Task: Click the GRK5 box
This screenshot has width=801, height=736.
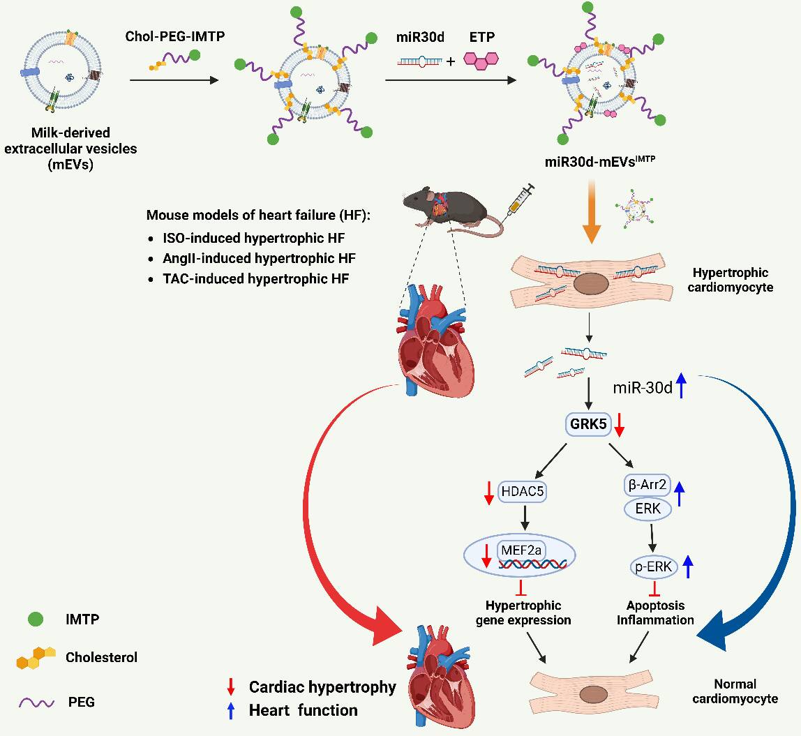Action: (588, 424)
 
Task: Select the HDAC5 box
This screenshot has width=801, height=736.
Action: (522, 492)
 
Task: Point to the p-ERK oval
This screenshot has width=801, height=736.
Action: (653, 567)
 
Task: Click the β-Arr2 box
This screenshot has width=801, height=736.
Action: (647, 484)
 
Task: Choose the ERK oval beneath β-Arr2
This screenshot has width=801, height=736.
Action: (647, 509)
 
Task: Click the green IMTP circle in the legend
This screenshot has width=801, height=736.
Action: (36, 619)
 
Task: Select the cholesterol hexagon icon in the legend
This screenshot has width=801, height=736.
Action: (36, 657)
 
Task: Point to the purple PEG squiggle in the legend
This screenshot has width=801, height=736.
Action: (36, 703)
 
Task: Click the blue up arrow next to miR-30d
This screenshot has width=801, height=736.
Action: (681, 386)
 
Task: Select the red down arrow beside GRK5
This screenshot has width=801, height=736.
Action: (619, 425)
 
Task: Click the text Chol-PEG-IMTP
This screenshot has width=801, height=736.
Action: (174, 36)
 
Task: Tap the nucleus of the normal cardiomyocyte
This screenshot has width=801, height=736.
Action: (593, 695)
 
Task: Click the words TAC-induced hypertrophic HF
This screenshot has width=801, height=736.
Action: (256, 279)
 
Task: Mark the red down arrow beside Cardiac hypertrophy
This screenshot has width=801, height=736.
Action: (231, 687)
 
